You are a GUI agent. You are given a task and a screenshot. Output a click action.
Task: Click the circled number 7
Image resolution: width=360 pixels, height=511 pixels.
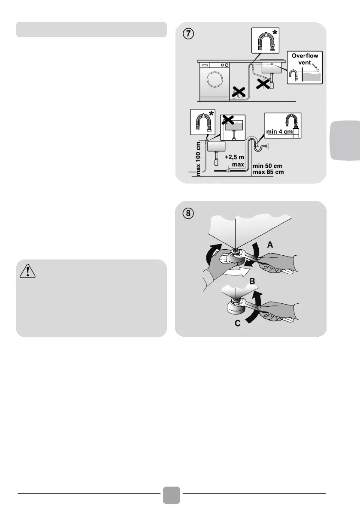188,34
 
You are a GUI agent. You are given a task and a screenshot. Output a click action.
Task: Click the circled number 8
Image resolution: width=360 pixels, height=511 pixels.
188,214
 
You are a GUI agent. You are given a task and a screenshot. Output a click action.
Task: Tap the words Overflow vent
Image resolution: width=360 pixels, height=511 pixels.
305,59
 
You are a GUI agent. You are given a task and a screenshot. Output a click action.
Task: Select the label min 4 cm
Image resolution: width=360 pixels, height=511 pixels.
279,132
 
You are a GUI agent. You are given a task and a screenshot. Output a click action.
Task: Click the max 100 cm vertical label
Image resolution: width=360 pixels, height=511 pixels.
198,159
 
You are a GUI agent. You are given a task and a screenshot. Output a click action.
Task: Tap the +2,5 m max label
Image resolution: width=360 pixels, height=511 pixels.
235,161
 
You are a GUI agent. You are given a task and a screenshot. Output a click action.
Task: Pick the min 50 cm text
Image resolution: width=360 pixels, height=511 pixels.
267,166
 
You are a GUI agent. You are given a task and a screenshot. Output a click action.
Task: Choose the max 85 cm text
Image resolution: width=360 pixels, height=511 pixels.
268,172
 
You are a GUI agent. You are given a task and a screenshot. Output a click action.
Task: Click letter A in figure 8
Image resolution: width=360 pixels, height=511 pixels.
270,245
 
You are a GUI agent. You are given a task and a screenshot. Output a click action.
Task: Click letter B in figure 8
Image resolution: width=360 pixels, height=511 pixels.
252,281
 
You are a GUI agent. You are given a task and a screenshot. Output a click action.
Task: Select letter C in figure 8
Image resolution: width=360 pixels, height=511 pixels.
238,323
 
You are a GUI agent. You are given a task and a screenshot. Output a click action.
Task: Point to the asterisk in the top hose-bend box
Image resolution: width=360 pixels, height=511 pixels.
275,32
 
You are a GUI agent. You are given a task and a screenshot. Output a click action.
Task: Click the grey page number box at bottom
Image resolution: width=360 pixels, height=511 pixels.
171,495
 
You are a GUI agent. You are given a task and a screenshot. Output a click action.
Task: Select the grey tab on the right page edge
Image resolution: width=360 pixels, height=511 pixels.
345,140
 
